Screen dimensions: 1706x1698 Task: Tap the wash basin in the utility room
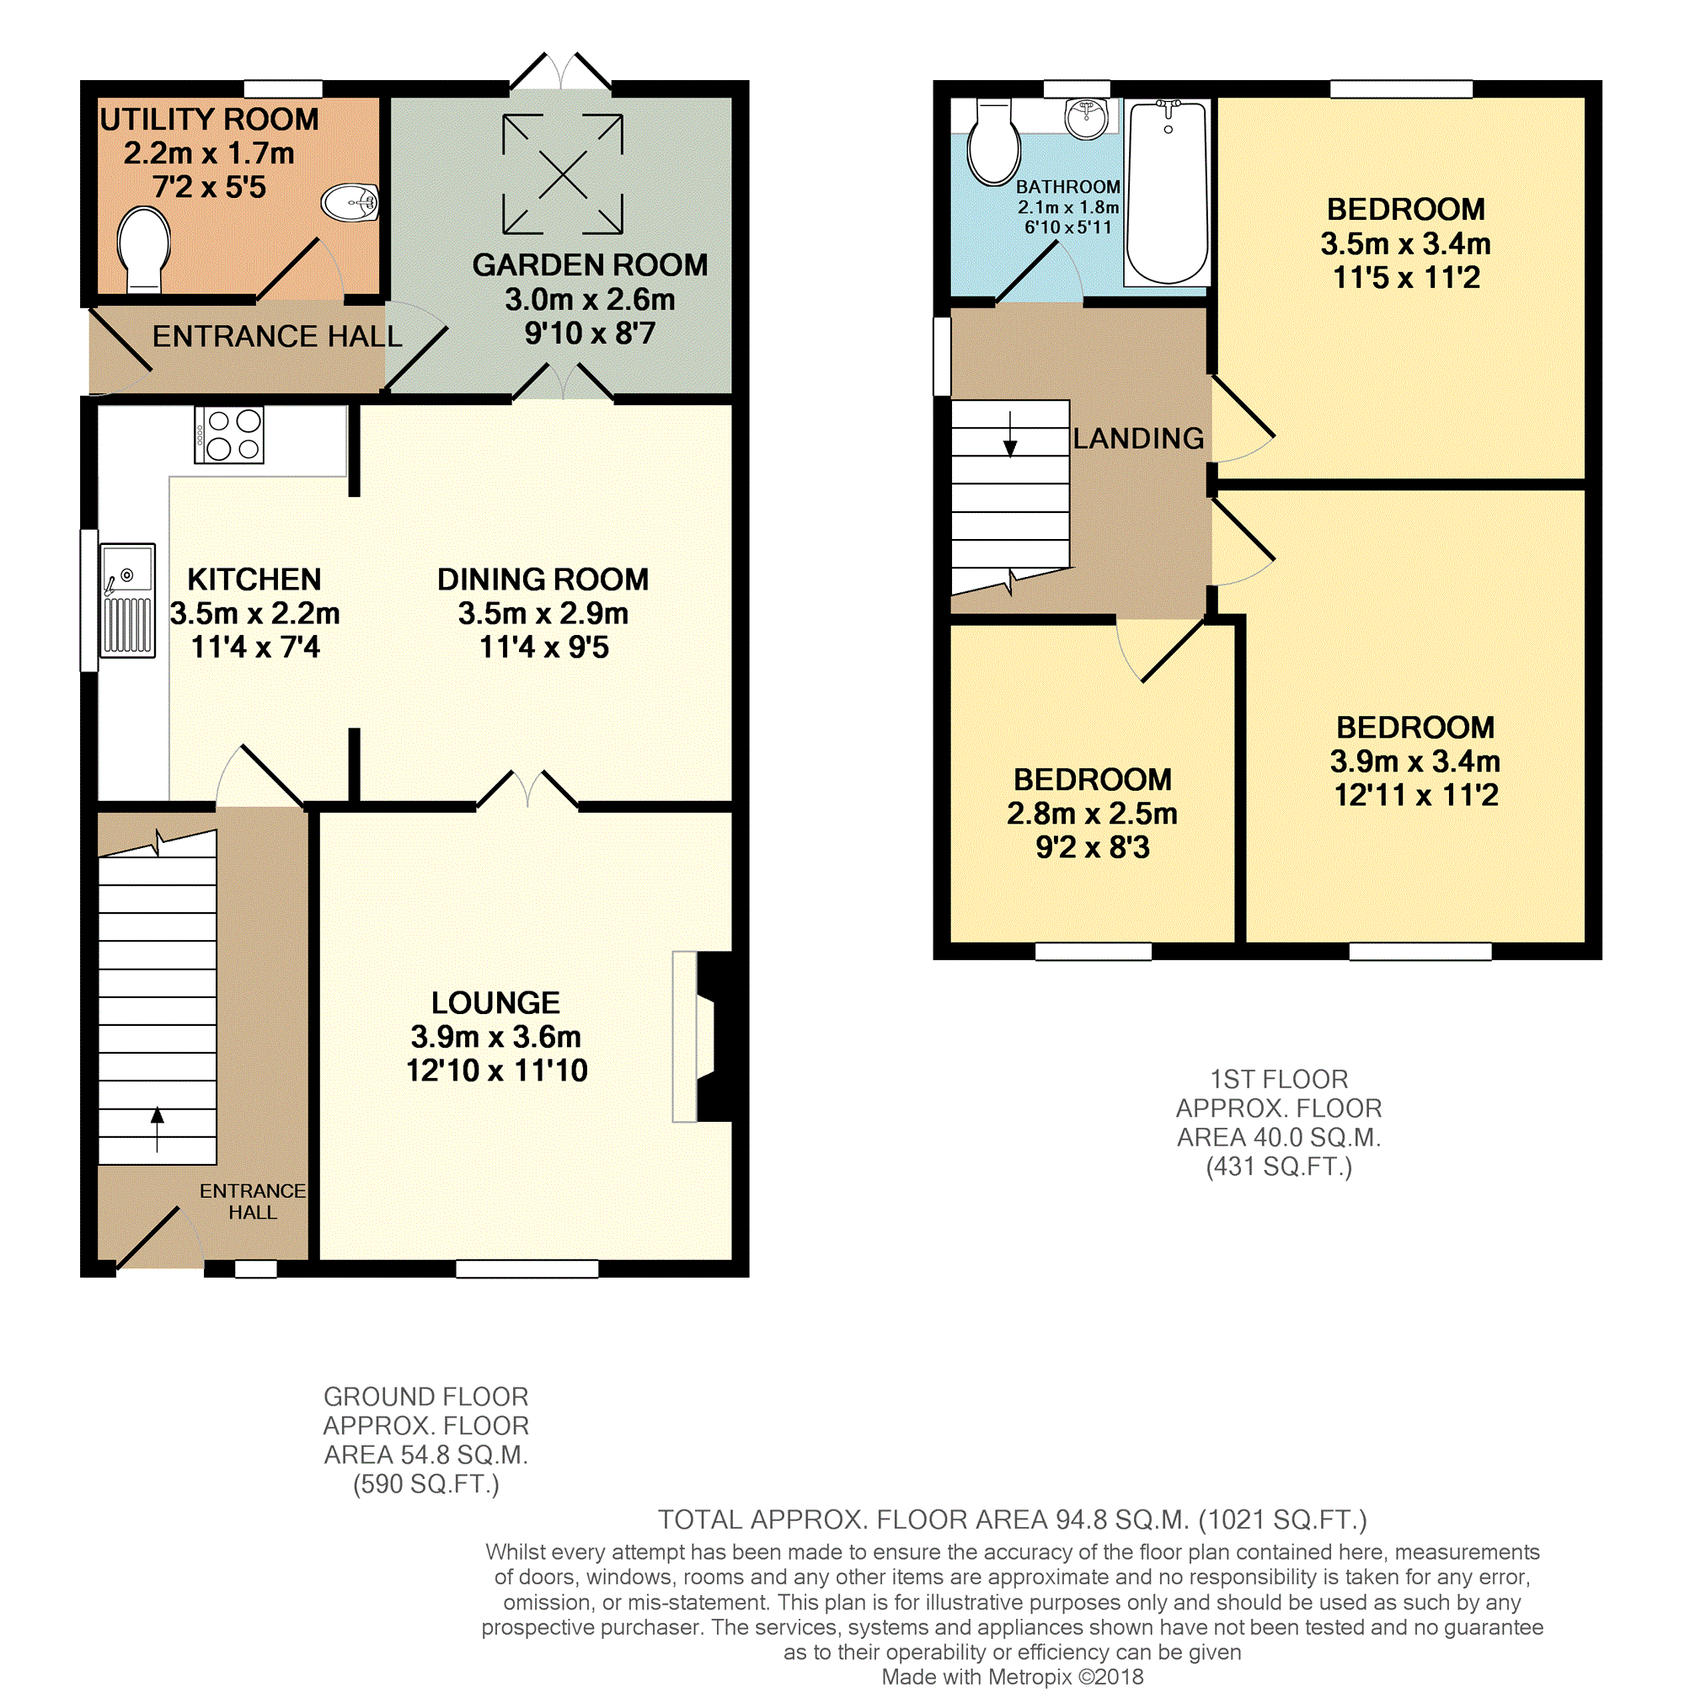350,202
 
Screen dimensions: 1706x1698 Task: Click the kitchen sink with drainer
128,601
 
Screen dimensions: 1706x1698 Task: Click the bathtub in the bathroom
1168,193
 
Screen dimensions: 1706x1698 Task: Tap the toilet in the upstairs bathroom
993,142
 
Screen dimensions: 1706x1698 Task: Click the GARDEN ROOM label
590,265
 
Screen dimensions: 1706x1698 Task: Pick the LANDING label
1138,438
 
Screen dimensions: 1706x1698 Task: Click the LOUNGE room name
495,1002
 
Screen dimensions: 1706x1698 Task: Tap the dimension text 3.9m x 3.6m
495,1037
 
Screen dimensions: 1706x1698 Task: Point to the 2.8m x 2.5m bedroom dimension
1093,814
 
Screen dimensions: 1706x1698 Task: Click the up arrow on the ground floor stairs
158,1129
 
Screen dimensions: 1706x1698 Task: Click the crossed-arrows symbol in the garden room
563,174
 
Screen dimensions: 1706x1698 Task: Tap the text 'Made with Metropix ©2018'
1012,1677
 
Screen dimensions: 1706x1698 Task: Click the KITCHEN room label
254,579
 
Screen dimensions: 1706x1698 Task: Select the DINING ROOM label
543,579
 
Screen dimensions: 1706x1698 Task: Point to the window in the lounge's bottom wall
527,1268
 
